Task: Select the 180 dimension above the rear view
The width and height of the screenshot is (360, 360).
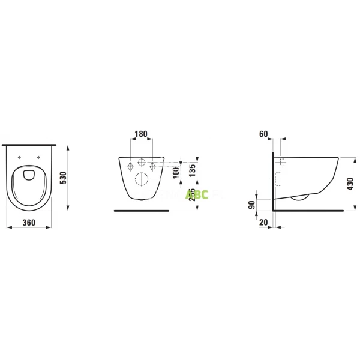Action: tap(140, 133)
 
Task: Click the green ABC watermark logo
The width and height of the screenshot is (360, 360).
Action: tap(197, 194)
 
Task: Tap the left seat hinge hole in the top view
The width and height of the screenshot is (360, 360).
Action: tap(19, 158)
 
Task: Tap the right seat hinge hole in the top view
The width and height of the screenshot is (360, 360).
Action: tap(40, 158)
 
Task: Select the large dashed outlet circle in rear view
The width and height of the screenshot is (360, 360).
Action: tap(142, 179)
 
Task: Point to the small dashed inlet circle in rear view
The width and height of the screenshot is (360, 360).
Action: tap(142, 163)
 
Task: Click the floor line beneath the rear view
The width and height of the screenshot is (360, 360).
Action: tap(142, 211)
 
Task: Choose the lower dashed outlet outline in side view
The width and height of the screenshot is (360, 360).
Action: tap(278, 178)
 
